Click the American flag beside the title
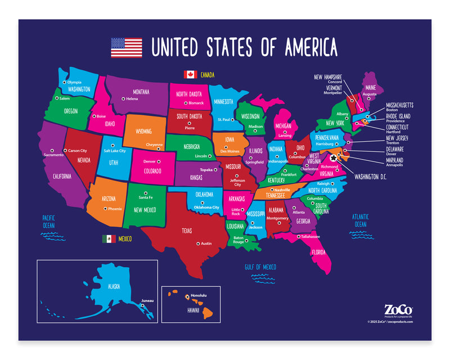coord(126,47)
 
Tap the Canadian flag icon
coord(189,74)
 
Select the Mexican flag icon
coord(109,238)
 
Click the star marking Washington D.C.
coord(334,159)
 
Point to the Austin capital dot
coord(198,243)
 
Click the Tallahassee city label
coord(310,237)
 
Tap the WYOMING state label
coord(143,131)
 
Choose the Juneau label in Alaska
coord(147,300)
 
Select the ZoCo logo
coord(398,309)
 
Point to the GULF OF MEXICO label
coord(260,267)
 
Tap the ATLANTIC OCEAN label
coord(359,220)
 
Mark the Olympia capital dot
coord(64,82)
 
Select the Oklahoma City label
coord(206,207)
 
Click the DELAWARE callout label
coord(395,149)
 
